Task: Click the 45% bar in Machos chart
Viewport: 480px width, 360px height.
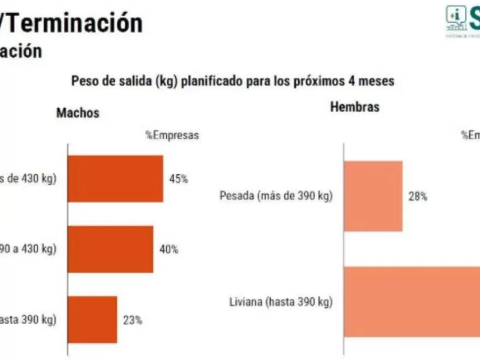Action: pos(115,179)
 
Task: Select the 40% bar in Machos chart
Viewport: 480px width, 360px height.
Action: pos(110,249)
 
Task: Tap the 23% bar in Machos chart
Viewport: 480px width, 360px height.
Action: pos(92,319)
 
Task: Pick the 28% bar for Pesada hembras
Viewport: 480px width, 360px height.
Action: pos(373,196)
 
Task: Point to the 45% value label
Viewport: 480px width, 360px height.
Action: pos(178,179)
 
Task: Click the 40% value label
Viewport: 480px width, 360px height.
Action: pos(169,250)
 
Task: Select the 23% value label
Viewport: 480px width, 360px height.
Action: pos(133,320)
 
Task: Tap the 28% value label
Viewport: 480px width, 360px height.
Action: pos(418,196)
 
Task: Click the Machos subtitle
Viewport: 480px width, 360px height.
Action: pos(78,113)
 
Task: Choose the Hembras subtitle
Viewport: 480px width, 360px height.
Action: pos(355,107)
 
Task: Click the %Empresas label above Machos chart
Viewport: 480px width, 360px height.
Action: pos(172,136)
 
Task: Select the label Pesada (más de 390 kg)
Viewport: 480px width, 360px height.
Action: pos(275,196)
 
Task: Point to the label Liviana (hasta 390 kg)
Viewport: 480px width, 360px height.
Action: pos(281,302)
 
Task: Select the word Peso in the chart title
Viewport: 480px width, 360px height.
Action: pos(83,81)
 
